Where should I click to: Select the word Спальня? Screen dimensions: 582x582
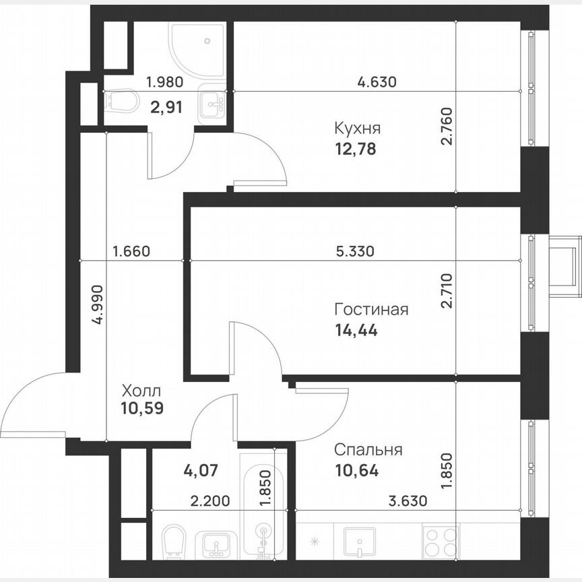[x=368, y=450]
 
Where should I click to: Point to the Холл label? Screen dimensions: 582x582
[x=141, y=391]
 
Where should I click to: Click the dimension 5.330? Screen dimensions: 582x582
[x=354, y=252]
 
